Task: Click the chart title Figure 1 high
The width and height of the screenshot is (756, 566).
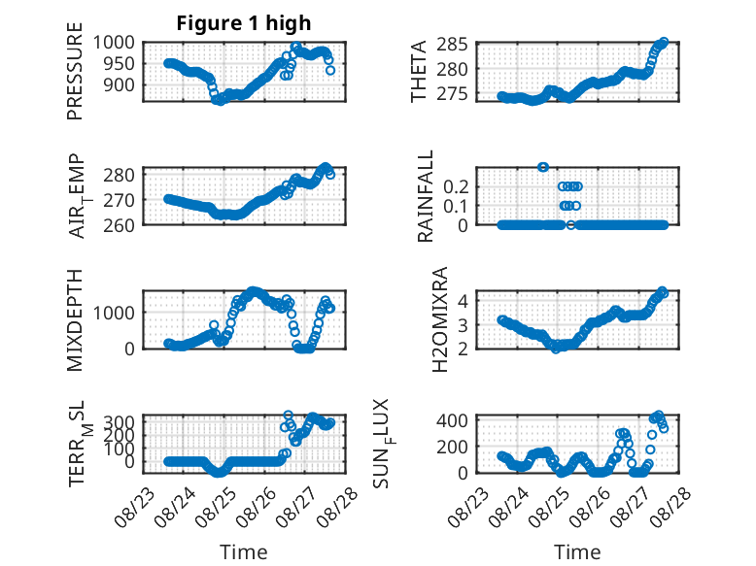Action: pyautogui.click(x=244, y=23)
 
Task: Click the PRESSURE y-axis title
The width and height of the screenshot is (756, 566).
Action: pyautogui.click(x=75, y=71)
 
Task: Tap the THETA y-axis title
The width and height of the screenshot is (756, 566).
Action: pyautogui.click(x=419, y=71)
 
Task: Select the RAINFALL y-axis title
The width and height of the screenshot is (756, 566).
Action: pyautogui.click(x=426, y=196)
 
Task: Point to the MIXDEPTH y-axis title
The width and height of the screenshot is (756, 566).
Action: pyautogui.click(x=75, y=320)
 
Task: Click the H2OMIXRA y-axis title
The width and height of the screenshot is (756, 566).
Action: pyautogui.click(x=440, y=319)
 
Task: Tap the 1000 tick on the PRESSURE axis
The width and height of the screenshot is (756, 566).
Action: pyautogui.click(x=114, y=43)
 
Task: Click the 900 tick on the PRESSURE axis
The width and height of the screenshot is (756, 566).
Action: pyautogui.click(x=120, y=84)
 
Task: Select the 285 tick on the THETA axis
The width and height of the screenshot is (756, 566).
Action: pyautogui.click(x=452, y=45)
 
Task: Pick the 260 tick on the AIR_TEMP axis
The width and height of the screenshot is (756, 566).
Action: pyautogui.click(x=120, y=225)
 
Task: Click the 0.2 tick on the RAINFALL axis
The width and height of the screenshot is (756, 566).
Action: pyautogui.click(x=456, y=186)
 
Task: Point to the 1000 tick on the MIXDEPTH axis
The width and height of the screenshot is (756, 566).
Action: pyautogui.click(x=114, y=313)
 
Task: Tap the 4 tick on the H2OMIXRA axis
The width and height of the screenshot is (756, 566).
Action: pyautogui.click(x=463, y=301)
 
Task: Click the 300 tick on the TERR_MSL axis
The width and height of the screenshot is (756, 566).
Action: pyautogui.click(x=120, y=422)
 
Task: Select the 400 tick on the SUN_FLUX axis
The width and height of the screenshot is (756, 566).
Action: pyautogui.click(x=452, y=420)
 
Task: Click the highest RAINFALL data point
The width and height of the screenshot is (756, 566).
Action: pyautogui.click(x=543, y=167)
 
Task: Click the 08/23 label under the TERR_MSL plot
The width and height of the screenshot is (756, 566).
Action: pyautogui.click(x=134, y=508)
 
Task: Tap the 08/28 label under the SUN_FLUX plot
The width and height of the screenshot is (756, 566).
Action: pyautogui.click(x=670, y=508)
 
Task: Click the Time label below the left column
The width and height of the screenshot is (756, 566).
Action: pyautogui.click(x=244, y=551)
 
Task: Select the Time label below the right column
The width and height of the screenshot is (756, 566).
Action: pyautogui.click(x=577, y=551)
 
